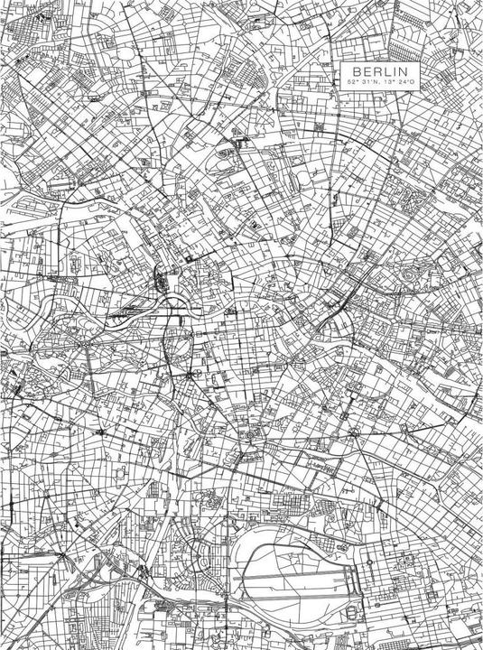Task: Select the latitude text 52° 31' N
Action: pyautogui.click(x=362, y=83)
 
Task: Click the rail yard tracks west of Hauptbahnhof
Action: pyautogui.click(x=126, y=307)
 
